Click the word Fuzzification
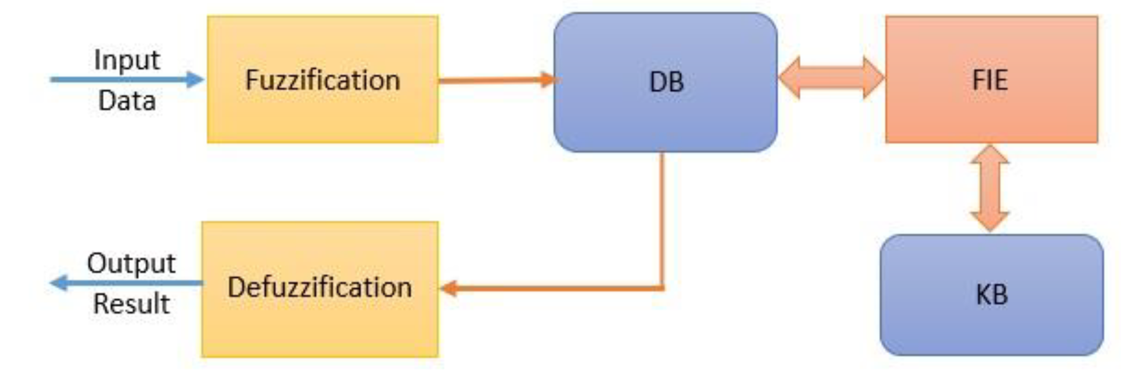coord(323,81)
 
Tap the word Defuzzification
coord(319,288)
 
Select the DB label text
coord(666,82)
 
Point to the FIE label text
coord(990,81)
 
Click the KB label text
coord(992,295)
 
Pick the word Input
coord(127,60)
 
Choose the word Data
coord(127,101)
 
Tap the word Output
coord(131,264)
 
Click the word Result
coord(131,304)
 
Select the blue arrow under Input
coord(126,80)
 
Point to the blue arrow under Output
coord(126,283)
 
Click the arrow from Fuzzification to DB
coord(497,80)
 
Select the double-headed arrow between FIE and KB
coord(990,188)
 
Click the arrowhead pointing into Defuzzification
coord(449,288)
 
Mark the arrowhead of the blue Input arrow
coord(195,80)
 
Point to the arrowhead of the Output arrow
coord(59,283)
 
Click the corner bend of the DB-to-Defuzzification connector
coord(662,288)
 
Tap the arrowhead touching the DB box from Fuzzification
coord(548,80)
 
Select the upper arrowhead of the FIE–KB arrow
coord(990,155)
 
